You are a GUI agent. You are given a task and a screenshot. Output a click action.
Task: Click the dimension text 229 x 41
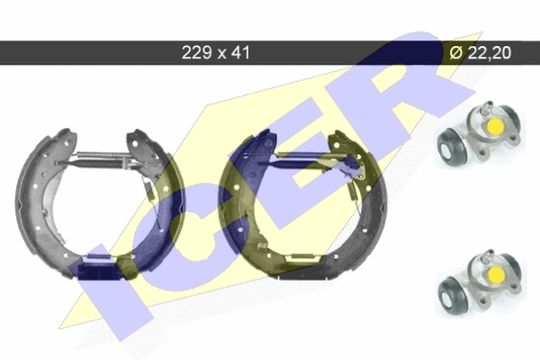(216, 53)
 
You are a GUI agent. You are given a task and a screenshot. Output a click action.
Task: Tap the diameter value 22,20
(489, 53)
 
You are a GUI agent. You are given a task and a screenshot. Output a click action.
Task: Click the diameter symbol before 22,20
(456, 53)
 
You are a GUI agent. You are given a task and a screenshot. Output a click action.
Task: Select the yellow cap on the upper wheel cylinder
(495, 126)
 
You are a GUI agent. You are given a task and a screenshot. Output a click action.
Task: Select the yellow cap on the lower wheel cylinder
(495, 274)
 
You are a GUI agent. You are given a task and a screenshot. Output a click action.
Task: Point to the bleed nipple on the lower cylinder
(487, 256)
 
